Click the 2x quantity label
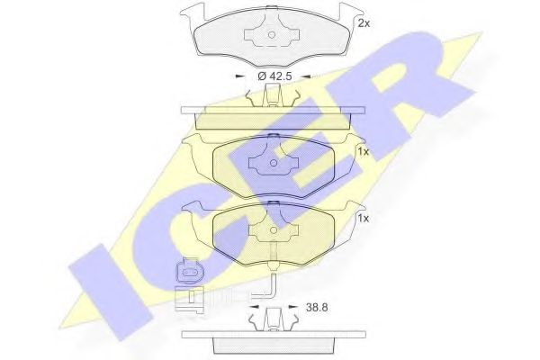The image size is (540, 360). pos(364,23)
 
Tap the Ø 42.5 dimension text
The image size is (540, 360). pos(274,76)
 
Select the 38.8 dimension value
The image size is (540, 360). pos(317,307)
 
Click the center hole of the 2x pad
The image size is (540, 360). pos(272,35)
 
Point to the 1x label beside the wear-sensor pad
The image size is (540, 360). pos(363,218)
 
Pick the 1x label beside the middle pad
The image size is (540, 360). pos(363,151)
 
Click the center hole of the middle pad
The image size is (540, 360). pos(274,163)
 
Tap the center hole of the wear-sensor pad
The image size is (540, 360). pos(274,230)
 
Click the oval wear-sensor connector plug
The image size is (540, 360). pos(189,271)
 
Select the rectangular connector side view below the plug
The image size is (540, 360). pos(189,299)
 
